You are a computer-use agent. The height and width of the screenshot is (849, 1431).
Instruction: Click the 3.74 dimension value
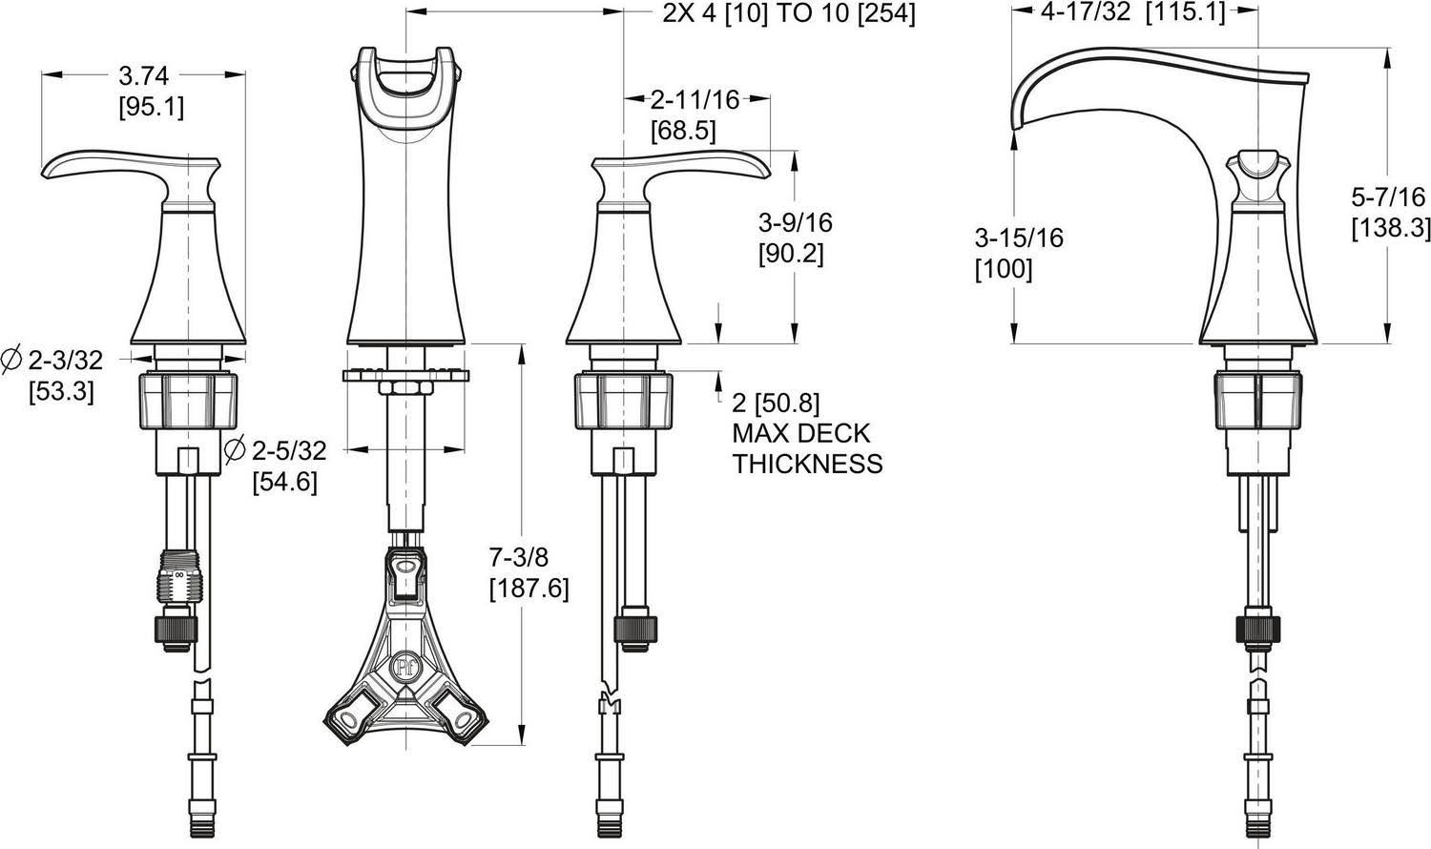point(144,76)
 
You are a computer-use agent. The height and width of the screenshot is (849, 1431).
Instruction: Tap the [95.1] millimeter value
point(152,107)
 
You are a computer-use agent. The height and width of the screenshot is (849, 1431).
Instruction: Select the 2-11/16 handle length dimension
point(695,99)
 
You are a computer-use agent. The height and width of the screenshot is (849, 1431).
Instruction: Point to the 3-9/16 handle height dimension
point(796,223)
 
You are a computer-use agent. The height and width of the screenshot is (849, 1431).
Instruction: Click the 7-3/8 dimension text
point(519,558)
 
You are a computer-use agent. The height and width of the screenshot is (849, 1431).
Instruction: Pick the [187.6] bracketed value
point(529,589)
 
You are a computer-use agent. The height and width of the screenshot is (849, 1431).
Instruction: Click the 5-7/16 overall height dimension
point(1388,197)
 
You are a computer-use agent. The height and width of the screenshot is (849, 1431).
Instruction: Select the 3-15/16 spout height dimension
point(1019,238)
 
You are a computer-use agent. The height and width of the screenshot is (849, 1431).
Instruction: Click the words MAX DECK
point(801,433)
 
